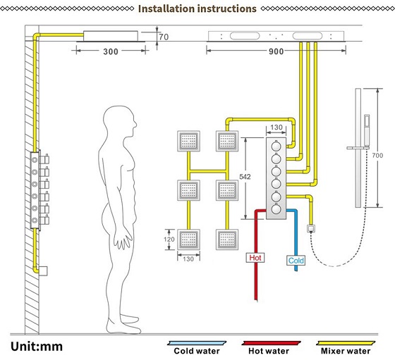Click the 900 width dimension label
point(276,51)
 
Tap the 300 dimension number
point(111,52)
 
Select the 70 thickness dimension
point(164,37)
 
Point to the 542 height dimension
point(245,177)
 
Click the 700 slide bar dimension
point(377,156)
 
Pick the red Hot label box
point(255,258)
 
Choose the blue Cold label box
point(296,261)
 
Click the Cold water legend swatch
point(197,343)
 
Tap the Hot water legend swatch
point(271,343)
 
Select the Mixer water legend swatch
point(346,343)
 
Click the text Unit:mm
point(37,347)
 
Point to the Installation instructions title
point(197,8)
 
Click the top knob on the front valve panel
point(276,146)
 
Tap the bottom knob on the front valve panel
point(276,209)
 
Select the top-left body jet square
point(189,141)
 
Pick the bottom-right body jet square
point(227,240)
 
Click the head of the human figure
point(121,122)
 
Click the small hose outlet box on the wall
point(311,228)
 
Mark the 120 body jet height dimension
point(169,240)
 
